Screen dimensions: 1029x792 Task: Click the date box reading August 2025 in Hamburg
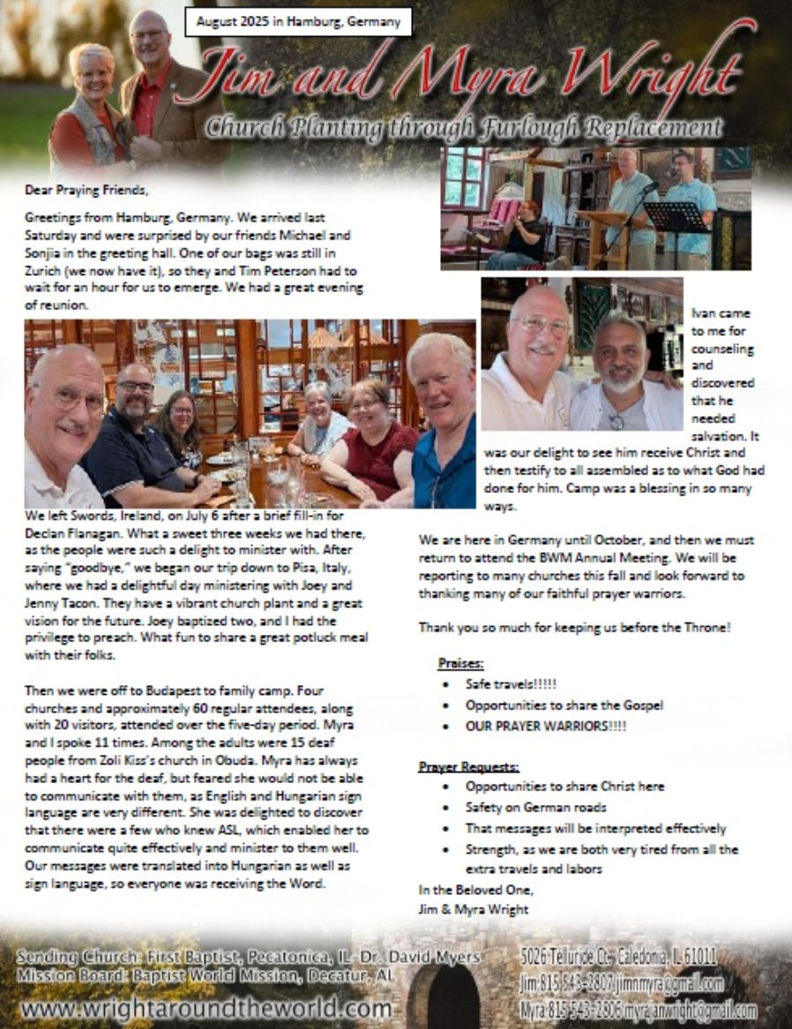[x=298, y=20]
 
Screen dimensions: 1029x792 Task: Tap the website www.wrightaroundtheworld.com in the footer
[x=205, y=1008]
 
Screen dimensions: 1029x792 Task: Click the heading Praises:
[x=460, y=662]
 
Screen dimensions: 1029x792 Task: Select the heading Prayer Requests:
[x=468, y=766]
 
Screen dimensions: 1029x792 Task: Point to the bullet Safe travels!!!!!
[x=511, y=684]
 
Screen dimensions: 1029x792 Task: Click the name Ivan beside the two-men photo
[x=704, y=312]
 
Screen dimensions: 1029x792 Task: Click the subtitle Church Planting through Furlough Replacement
[x=464, y=129]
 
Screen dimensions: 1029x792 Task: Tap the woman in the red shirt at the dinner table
[x=370, y=441]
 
